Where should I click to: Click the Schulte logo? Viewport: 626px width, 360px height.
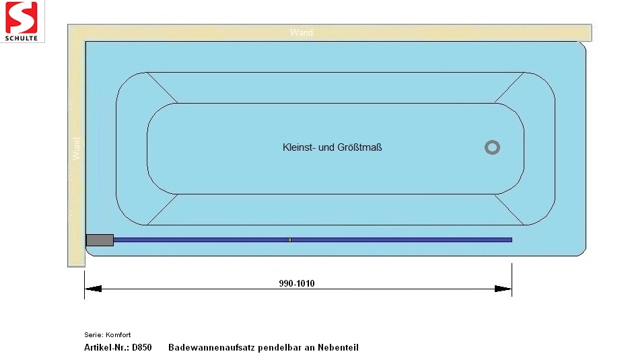click(x=22, y=21)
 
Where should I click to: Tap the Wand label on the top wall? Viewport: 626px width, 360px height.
click(x=302, y=32)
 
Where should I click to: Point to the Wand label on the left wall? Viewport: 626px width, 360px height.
click(x=76, y=149)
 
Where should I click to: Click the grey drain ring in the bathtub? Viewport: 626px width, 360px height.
click(x=492, y=147)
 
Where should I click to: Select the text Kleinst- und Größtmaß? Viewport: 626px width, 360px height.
click(x=332, y=147)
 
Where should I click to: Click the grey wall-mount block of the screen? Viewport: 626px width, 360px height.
click(x=100, y=240)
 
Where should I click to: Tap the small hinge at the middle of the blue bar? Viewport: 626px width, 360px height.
click(x=289, y=240)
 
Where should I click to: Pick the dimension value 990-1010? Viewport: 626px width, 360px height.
click(x=297, y=283)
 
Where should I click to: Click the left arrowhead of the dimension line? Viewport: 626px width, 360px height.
click(x=93, y=289)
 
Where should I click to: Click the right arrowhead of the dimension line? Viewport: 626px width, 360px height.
click(x=503, y=289)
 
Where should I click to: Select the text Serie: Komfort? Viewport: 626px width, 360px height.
click(x=108, y=335)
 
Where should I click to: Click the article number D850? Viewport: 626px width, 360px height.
click(x=142, y=347)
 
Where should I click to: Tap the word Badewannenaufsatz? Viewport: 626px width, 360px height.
click(x=211, y=347)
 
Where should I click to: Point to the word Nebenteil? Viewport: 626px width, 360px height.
click(x=338, y=347)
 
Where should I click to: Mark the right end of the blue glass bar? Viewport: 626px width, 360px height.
click(x=512, y=240)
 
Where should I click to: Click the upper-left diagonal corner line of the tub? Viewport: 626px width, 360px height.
click(x=162, y=87)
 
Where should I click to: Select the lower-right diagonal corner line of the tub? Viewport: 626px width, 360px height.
click(x=510, y=209)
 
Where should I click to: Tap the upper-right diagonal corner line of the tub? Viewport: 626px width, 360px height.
click(x=510, y=87)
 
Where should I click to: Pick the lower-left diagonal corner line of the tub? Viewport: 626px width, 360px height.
click(x=162, y=209)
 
